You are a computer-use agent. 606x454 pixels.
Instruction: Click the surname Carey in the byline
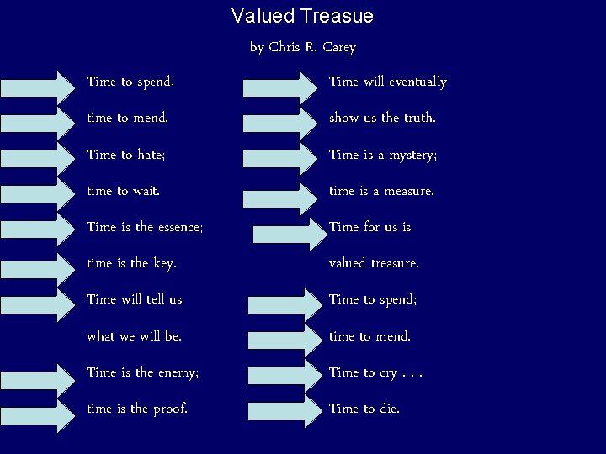click(x=338, y=47)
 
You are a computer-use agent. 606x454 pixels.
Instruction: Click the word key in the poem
click(x=163, y=264)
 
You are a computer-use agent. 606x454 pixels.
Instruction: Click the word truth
click(x=419, y=119)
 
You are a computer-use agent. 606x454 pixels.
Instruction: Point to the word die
click(x=388, y=409)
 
